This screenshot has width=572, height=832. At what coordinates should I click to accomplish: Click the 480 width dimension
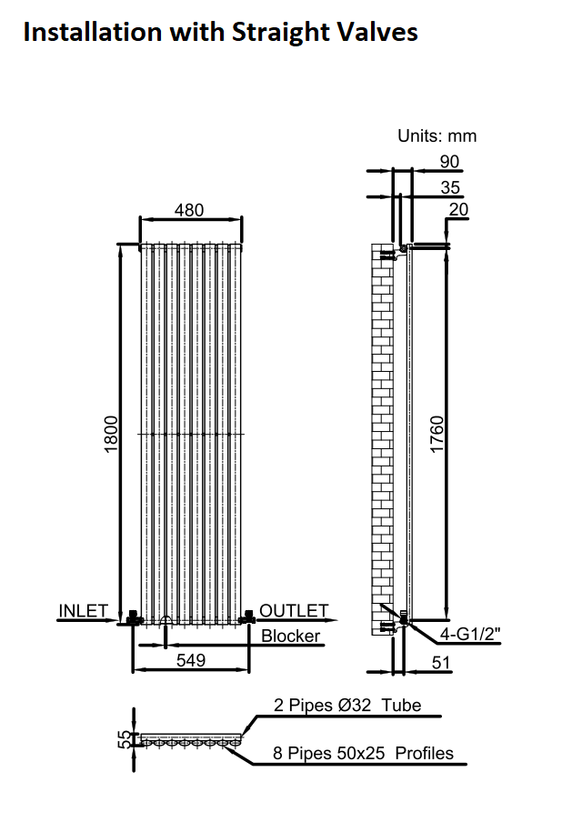point(189,210)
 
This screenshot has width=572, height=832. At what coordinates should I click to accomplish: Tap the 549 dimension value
point(190,660)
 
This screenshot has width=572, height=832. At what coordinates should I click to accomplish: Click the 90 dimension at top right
point(449,162)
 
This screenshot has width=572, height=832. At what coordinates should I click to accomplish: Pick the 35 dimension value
point(449,188)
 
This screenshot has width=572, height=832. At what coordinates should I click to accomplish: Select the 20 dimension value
point(459,209)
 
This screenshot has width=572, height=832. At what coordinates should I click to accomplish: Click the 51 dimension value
point(441,664)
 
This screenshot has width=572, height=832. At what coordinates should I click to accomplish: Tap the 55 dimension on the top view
point(125,739)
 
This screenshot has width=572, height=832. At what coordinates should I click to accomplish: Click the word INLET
point(84,610)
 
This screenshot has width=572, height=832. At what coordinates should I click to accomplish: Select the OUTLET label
point(294,610)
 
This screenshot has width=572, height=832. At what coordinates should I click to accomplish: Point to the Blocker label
point(290,636)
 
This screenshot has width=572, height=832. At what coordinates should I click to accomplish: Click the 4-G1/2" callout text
point(470,634)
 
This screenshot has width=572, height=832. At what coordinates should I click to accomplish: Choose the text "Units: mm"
point(437,135)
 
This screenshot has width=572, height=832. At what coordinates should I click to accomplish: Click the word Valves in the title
point(376,32)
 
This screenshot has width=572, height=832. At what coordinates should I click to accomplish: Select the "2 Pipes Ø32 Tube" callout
point(347,706)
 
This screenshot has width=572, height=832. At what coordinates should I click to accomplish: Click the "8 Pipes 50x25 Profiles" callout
point(363,753)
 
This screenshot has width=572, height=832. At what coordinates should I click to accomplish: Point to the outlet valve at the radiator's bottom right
point(246,616)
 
